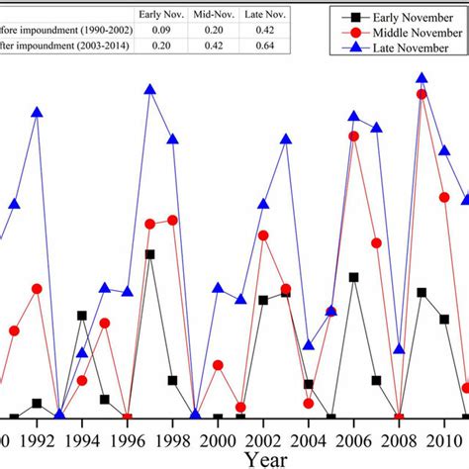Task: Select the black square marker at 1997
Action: [150, 254]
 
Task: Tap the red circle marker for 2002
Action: [263, 235]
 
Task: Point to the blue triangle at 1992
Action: [38, 113]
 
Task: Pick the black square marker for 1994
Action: [82, 316]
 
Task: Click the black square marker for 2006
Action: [353, 277]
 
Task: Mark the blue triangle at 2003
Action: [286, 139]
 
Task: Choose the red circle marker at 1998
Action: [173, 220]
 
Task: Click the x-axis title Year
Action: [267, 459]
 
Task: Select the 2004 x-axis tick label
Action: [309, 438]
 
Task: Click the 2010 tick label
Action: [444, 438]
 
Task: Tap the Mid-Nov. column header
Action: [213, 15]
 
